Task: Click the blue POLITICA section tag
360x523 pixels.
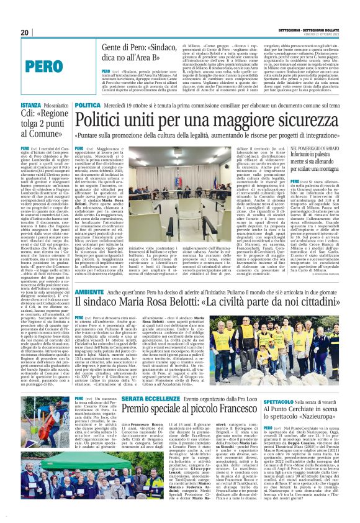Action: click(88, 106)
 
